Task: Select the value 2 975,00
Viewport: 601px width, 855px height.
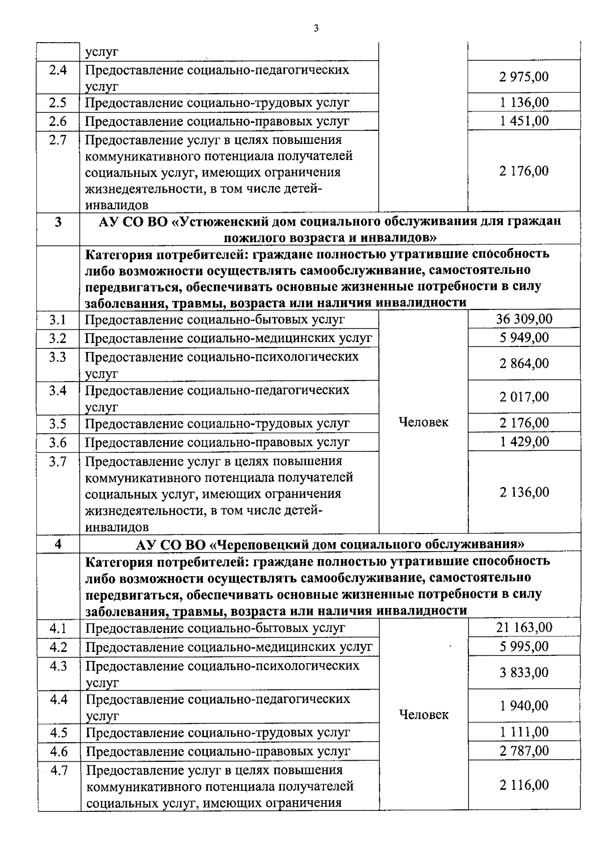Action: point(524,77)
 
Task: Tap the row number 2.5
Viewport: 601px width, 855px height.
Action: point(58,103)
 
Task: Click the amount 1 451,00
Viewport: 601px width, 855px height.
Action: point(524,121)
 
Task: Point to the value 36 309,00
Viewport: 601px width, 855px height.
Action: point(524,319)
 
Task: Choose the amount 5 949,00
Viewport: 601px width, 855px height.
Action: point(524,337)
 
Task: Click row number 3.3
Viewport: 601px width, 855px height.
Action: point(58,357)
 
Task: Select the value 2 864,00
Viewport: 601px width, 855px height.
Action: point(524,364)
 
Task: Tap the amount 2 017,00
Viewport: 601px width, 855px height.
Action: point(524,397)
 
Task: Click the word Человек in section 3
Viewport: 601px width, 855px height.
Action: point(423,422)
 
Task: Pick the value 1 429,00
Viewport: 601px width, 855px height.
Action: point(524,442)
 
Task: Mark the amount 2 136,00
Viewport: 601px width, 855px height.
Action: point(524,492)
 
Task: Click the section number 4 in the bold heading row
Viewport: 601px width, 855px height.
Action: point(59,544)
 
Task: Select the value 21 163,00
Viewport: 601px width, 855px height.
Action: point(524,627)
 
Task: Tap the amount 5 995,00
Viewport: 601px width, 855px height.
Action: point(524,646)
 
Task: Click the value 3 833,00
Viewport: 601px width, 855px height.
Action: point(524,672)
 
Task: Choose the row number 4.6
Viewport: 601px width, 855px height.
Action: point(59,751)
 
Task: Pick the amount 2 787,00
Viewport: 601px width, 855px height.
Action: point(524,751)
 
